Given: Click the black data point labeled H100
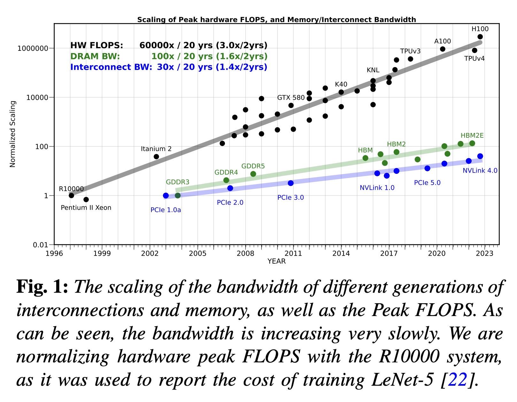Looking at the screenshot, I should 480,37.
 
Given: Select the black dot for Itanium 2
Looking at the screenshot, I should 156,157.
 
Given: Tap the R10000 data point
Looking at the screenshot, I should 71,195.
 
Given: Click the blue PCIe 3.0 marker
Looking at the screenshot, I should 290,183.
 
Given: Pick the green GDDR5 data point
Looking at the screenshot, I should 253,174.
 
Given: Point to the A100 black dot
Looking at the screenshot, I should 443,49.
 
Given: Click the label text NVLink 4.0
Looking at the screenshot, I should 480,171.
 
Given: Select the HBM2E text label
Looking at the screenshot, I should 472,135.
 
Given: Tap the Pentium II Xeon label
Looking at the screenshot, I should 86,208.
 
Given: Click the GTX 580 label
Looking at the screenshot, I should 291,97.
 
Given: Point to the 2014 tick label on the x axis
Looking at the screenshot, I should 341,253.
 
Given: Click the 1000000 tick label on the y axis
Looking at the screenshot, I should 33,49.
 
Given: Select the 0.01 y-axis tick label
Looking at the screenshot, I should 40,245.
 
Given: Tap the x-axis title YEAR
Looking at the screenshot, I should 276,261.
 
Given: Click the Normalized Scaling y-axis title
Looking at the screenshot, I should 13,134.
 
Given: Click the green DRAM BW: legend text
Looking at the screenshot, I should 95,56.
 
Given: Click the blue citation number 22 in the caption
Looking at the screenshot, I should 458,380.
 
